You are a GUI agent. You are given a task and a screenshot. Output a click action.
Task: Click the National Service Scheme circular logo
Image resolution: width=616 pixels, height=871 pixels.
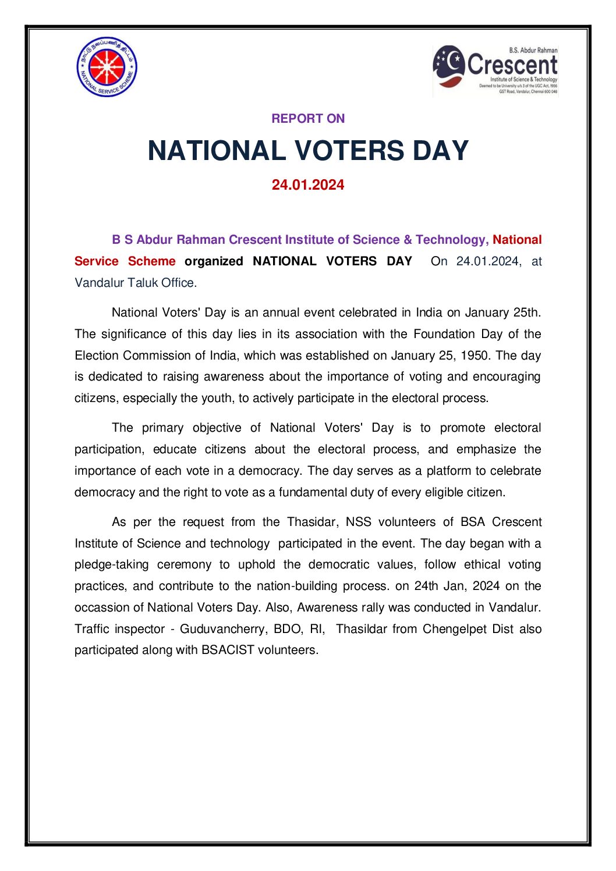coord(107,67)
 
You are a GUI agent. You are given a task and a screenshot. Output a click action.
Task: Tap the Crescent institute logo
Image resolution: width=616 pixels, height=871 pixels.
coord(495,70)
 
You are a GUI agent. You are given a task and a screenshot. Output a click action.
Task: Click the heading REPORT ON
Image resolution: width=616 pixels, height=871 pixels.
coord(308,119)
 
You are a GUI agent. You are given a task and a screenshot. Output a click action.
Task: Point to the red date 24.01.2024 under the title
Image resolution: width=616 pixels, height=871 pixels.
coord(308,185)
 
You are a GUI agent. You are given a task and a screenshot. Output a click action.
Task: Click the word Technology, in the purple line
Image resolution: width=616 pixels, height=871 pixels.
coord(452,240)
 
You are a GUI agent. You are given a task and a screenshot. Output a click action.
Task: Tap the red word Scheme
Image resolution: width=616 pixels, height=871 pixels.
coord(151,261)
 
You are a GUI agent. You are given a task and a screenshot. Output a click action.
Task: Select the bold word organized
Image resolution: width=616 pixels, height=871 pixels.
coord(214,261)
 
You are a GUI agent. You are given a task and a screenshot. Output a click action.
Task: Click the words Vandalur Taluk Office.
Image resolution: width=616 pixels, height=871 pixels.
coord(136,283)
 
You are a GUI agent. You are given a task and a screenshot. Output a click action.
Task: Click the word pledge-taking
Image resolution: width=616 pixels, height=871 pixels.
coord(111,565)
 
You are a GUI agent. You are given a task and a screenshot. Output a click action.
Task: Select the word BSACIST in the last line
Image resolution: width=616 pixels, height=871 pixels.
coord(228,650)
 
